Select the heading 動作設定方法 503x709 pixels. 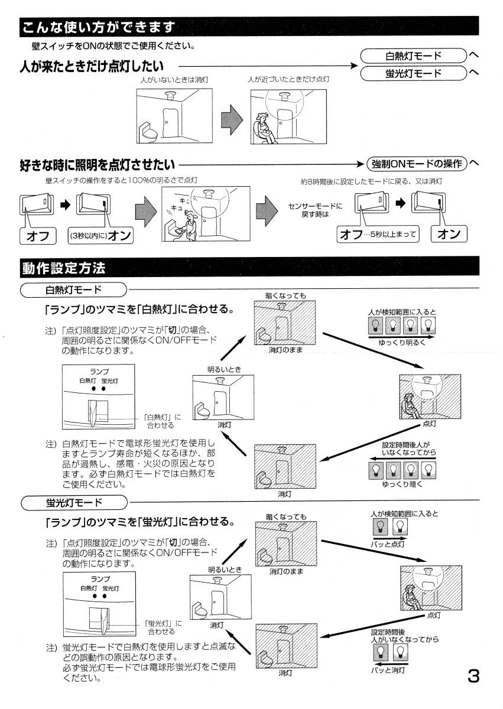pos(64,268)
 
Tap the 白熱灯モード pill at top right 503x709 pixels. pos(413,56)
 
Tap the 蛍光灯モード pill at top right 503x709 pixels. pos(413,73)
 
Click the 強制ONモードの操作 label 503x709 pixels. pos(416,163)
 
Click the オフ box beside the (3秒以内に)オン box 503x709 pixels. pos(38,236)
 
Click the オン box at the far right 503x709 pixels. pos(449,234)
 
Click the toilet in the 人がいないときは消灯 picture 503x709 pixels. pos(148,131)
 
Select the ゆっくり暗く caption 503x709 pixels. pos(402,483)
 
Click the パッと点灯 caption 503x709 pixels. pos(388,544)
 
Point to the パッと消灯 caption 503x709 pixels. pos(388,670)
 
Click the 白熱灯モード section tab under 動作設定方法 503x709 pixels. pos(73,290)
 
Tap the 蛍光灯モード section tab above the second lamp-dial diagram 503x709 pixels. pos(73,502)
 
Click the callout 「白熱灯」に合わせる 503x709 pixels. pos(161,421)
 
